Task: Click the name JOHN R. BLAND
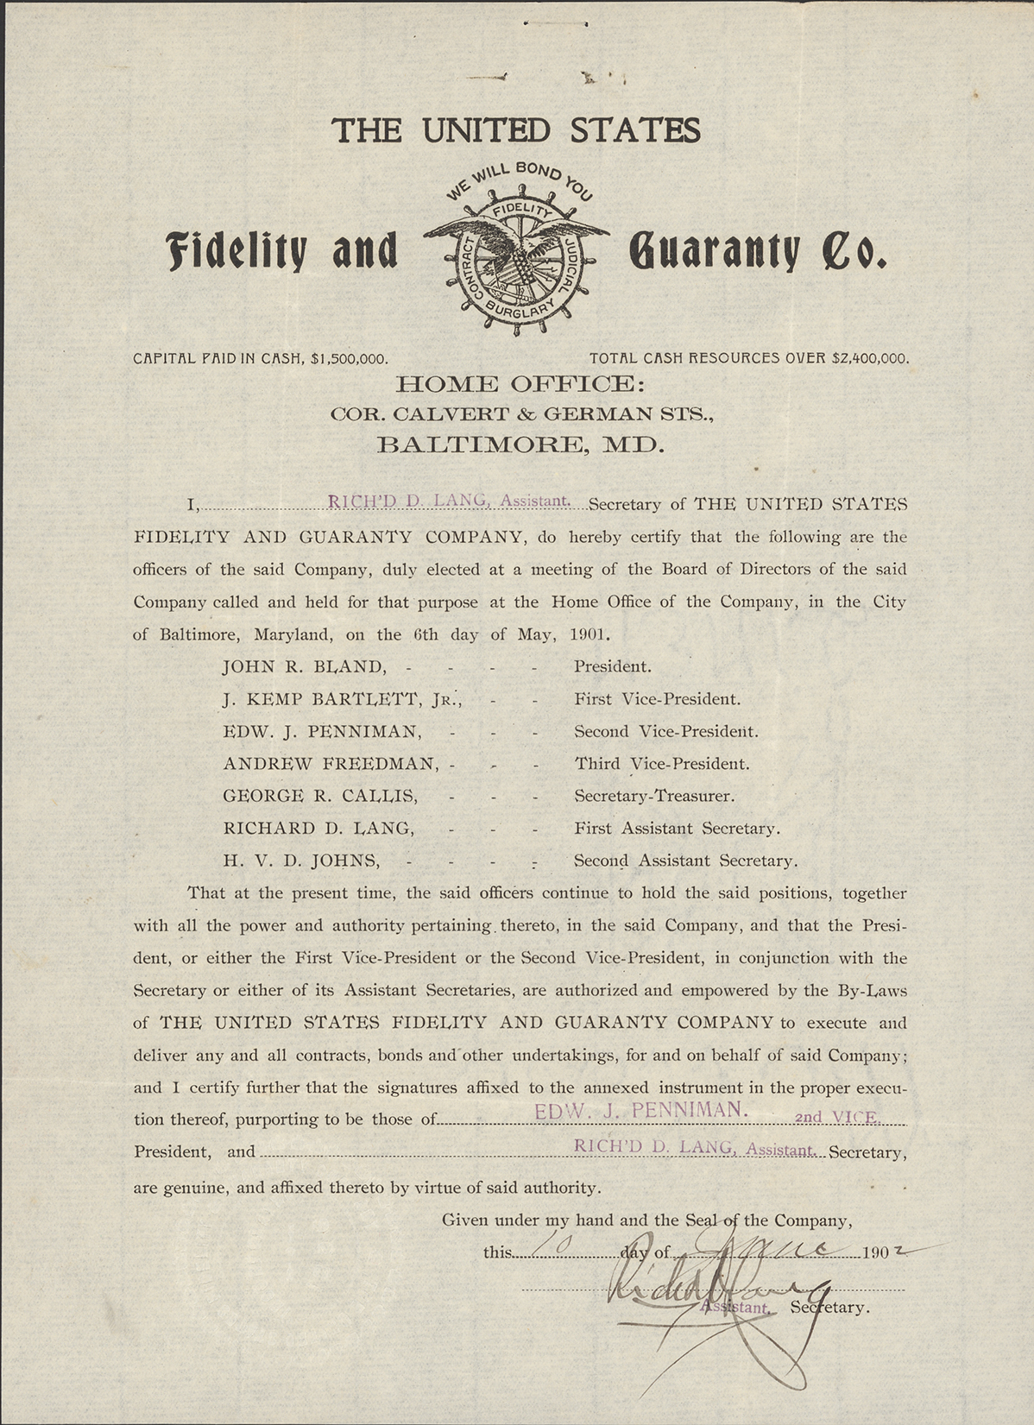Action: [x=303, y=667]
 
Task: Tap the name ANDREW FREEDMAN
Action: [x=331, y=764]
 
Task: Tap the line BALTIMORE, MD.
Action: [x=520, y=445]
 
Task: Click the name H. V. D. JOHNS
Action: [x=300, y=861]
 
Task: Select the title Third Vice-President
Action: [x=662, y=764]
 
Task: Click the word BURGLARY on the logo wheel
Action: [x=519, y=308]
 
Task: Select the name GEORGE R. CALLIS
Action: [x=320, y=796]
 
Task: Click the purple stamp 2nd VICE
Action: [x=835, y=1117]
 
